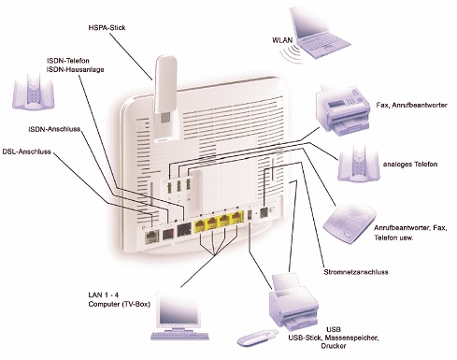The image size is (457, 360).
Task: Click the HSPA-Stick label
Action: [107, 28]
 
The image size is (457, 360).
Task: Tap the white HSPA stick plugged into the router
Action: [165, 98]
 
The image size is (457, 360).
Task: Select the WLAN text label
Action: [282, 40]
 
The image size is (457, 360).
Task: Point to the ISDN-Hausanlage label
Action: [76, 69]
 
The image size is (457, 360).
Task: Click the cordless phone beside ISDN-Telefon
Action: [34, 92]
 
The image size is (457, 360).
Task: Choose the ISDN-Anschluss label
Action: [54, 129]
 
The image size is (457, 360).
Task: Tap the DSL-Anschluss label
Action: [26, 151]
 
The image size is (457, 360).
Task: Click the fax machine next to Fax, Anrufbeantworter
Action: [343, 111]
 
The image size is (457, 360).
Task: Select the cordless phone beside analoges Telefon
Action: [359, 164]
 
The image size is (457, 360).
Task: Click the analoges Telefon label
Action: [410, 165]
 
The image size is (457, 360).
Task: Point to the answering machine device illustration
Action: [350, 223]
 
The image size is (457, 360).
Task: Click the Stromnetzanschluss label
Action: [356, 272]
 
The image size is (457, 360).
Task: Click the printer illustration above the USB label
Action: [294, 302]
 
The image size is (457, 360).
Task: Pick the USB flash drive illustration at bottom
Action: [257, 338]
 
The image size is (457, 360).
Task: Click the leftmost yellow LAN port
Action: [199, 225]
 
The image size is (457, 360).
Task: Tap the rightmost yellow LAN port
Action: [237, 218]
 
